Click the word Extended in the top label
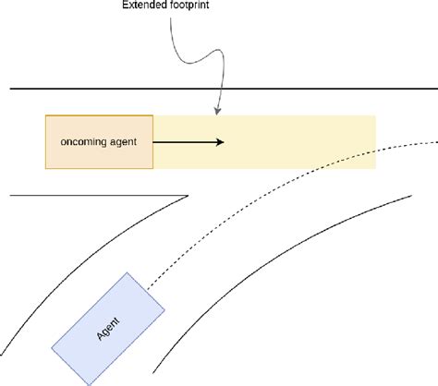point(142,4)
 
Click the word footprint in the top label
point(189,4)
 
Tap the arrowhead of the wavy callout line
point(216,112)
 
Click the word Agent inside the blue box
point(108,327)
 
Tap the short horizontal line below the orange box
point(92,195)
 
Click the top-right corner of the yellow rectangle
point(375,116)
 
